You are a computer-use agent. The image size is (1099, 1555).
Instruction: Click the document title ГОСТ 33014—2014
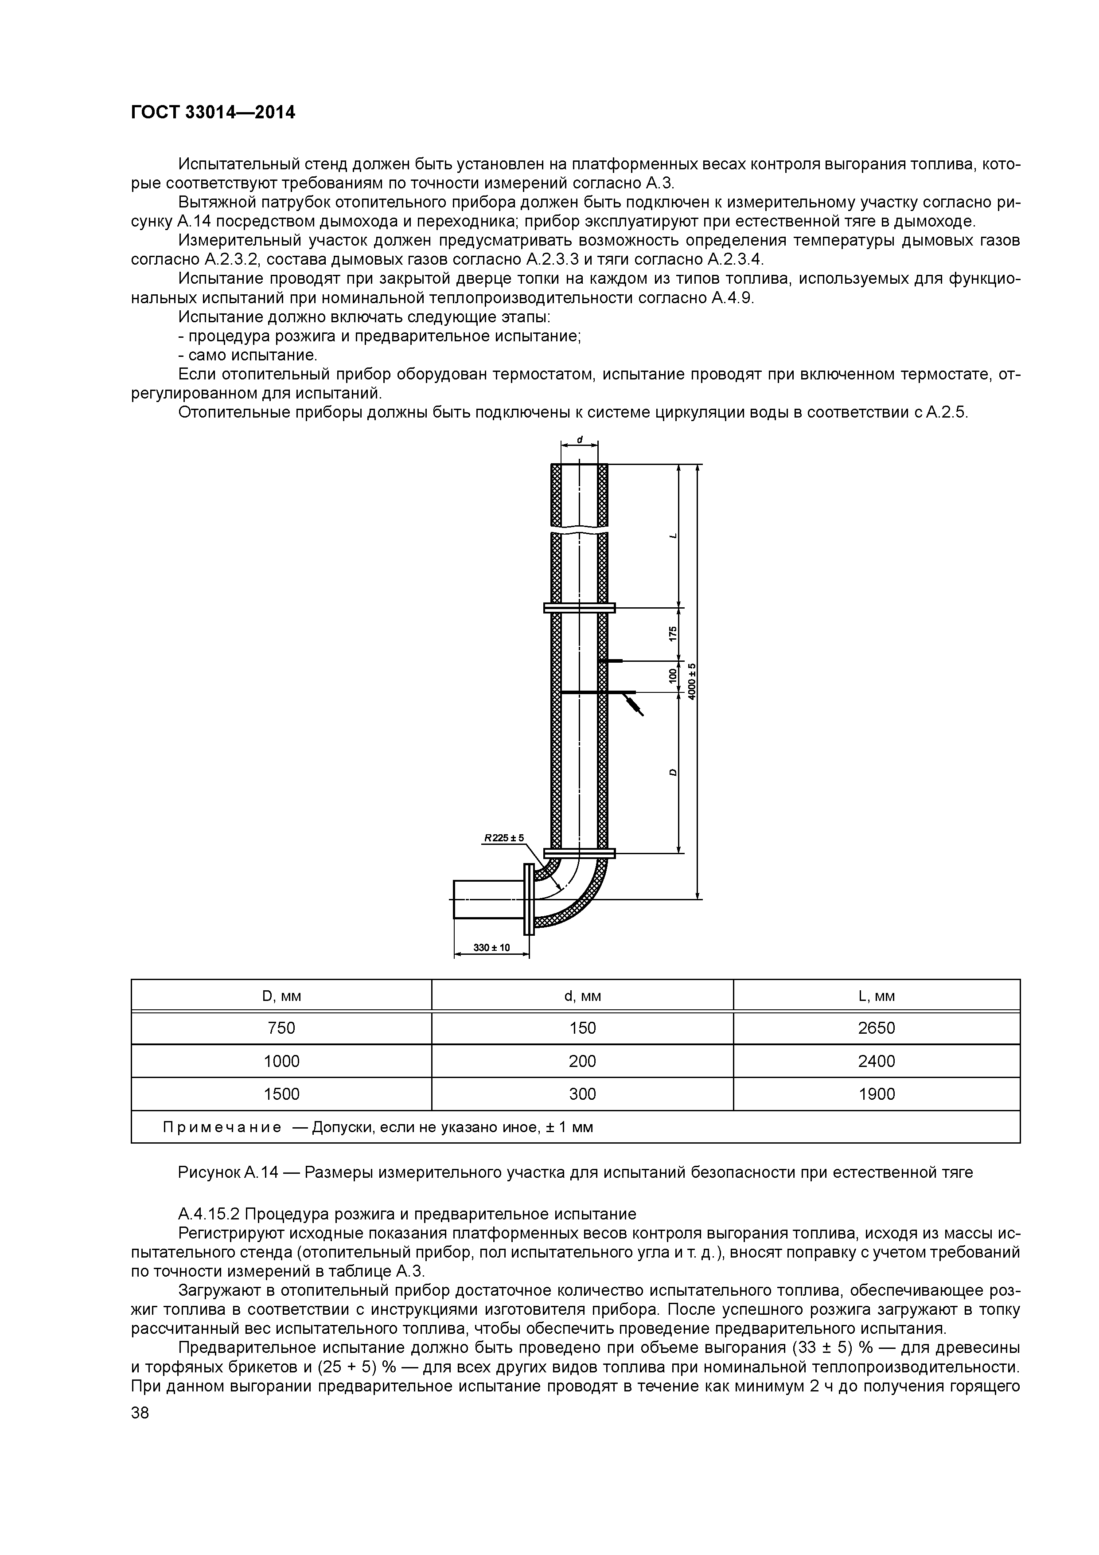(213, 113)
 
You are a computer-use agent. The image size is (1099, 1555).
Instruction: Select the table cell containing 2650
(876, 1028)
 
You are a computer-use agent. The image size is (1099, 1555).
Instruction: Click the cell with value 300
(582, 1094)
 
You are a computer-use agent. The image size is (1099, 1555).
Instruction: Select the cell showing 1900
(876, 1094)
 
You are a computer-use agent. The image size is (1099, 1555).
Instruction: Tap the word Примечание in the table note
(222, 1127)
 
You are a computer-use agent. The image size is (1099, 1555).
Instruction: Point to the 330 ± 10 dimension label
(491, 947)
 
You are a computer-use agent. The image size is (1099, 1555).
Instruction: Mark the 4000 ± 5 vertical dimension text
(692, 681)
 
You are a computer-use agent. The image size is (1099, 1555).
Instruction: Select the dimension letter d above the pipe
(580, 440)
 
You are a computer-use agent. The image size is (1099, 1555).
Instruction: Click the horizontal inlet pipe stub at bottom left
(487, 899)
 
